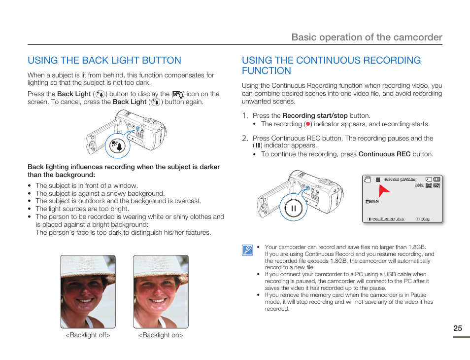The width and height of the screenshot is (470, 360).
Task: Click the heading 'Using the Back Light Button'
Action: [x=104, y=61]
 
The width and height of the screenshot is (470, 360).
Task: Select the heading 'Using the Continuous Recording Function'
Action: [x=331, y=66]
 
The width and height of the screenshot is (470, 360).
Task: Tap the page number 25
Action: [x=458, y=328]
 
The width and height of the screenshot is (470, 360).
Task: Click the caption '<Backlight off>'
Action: [x=88, y=335]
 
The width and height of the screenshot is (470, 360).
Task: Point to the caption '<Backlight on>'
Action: [x=161, y=335]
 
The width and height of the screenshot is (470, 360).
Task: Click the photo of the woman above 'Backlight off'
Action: [x=88, y=291]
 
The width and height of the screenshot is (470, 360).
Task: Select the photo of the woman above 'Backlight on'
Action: [x=161, y=291]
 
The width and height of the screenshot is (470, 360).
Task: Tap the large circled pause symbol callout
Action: [x=293, y=208]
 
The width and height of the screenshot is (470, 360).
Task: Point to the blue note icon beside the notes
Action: [x=247, y=250]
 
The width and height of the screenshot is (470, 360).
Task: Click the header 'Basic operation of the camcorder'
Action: [x=367, y=37]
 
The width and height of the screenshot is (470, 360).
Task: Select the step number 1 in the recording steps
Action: [x=244, y=115]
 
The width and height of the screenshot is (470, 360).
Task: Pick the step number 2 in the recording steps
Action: [x=244, y=138]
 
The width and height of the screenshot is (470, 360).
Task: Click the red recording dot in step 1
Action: [x=307, y=124]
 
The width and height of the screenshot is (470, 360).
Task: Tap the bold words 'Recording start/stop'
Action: [x=315, y=116]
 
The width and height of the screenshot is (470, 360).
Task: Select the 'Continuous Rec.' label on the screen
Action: [x=388, y=219]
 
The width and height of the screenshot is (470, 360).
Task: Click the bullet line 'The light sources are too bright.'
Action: [x=82, y=209]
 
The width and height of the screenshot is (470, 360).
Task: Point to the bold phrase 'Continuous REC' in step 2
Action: [x=384, y=154]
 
